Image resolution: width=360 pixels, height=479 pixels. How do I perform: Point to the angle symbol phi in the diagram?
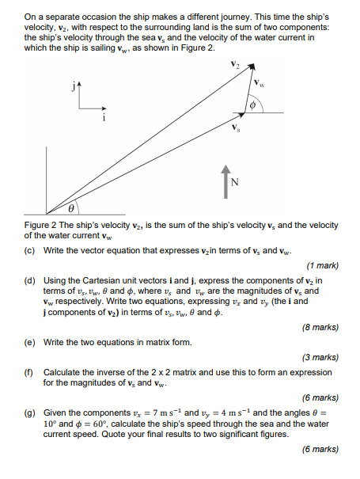click(253, 105)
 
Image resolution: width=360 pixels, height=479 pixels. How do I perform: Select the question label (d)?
click(29, 280)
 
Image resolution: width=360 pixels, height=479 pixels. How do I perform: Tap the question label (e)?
click(29, 342)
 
